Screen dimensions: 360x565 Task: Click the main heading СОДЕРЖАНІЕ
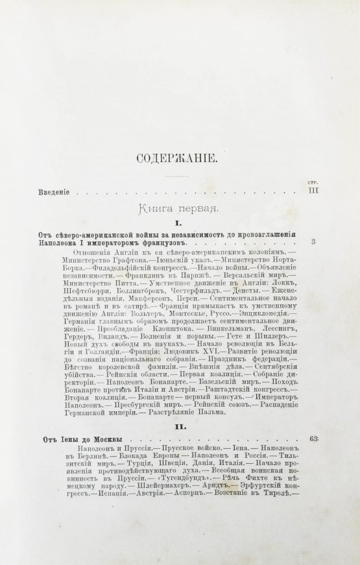pyautogui.click(x=179, y=159)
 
